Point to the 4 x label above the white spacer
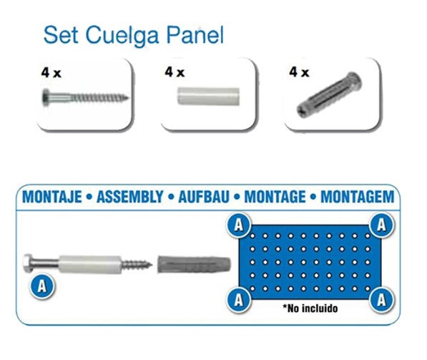click(x=175, y=72)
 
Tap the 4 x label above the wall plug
click(x=300, y=72)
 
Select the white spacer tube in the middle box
click(x=208, y=98)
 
